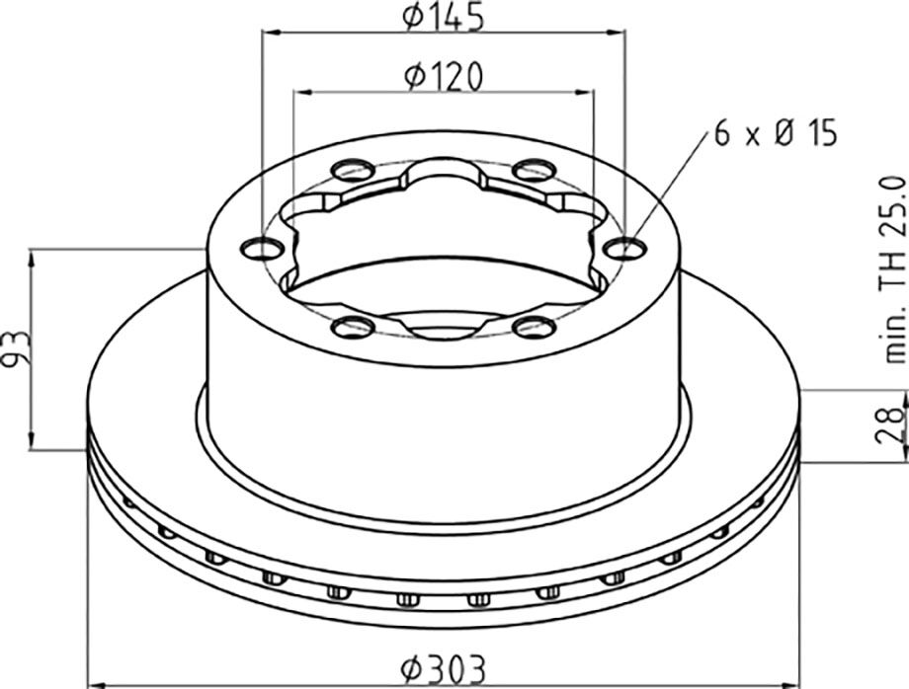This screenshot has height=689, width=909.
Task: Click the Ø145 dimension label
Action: [x=443, y=16]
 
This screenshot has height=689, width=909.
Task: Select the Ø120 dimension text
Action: [x=443, y=77]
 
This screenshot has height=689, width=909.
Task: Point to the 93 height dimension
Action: [x=15, y=348]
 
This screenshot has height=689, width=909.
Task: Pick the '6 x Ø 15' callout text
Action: [x=777, y=133]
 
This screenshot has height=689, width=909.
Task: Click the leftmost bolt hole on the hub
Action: [x=261, y=250]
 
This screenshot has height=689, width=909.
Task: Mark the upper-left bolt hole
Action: [x=352, y=170]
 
